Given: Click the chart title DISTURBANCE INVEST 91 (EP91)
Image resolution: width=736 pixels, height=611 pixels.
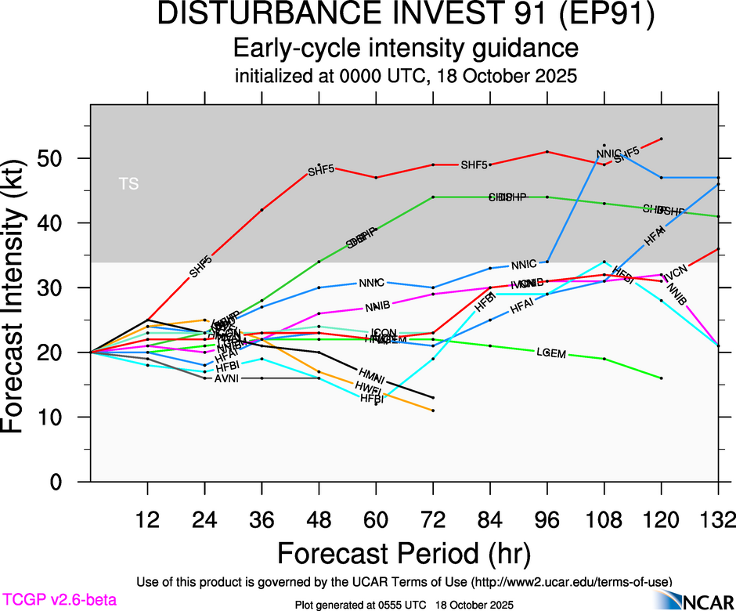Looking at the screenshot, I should (x=406, y=16).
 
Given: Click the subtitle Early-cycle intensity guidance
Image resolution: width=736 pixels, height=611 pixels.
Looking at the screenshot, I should (x=406, y=49).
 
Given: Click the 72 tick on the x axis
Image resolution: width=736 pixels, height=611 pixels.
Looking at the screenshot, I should (x=433, y=519).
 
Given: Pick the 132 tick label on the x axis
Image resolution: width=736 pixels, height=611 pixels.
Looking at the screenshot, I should (x=718, y=519).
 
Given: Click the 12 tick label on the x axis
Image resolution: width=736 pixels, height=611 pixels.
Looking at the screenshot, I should (x=147, y=519).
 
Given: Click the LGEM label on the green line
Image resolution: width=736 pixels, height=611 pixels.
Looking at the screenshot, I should (x=551, y=353).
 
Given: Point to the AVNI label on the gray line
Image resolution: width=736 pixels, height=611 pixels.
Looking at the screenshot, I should (x=229, y=378).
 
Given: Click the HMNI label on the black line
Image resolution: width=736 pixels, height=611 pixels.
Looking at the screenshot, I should (x=372, y=375).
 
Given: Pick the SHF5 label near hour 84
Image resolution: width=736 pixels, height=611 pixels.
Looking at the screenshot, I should (x=474, y=165).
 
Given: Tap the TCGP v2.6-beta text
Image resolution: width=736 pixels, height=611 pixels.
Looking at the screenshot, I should (x=59, y=600).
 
